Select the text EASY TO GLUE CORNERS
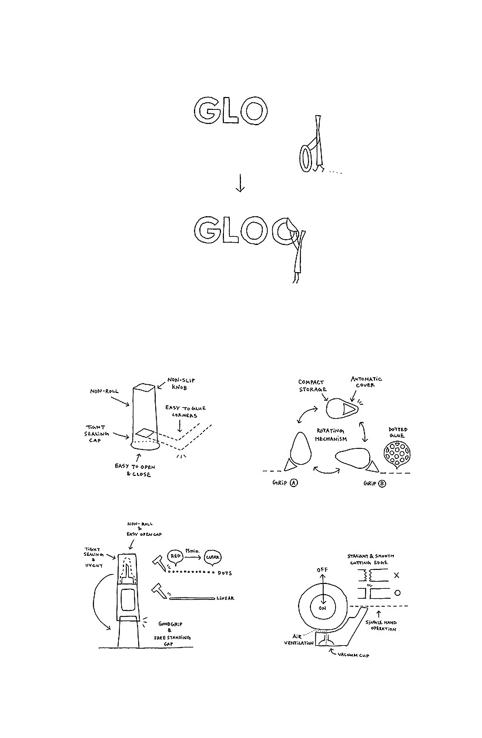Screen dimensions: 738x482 click(x=185, y=412)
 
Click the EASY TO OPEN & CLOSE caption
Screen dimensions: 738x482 click(x=133, y=470)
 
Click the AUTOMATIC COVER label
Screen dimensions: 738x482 click(x=366, y=383)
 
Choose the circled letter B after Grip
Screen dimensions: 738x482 click(x=382, y=483)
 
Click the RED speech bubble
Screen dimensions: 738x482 click(x=175, y=554)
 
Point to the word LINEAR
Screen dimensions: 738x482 click(x=225, y=598)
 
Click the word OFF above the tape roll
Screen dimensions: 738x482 click(x=322, y=570)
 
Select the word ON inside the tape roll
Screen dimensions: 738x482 click(x=322, y=609)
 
